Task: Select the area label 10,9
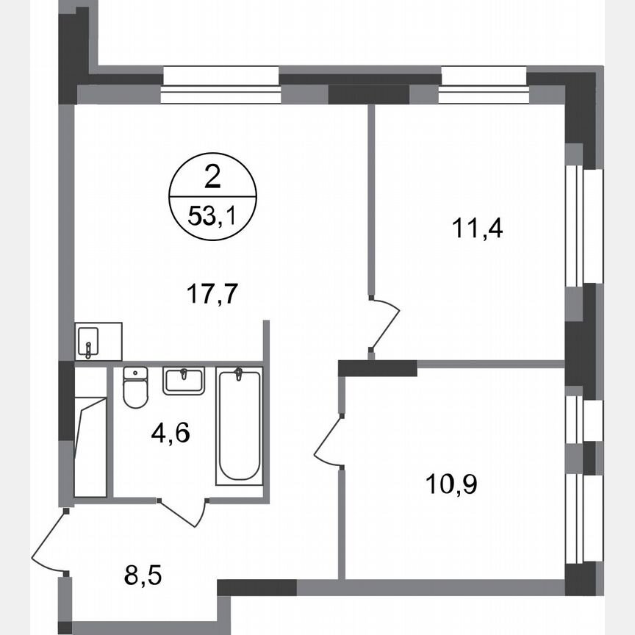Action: coord(451,484)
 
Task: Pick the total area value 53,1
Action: coord(213,218)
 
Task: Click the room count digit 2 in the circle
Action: coord(212,177)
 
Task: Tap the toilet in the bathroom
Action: coord(135,387)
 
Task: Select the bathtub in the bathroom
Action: coord(238,426)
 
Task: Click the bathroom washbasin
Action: coord(184,381)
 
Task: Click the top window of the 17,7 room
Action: coord(220,86)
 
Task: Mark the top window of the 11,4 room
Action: coord(484,86)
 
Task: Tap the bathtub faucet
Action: coord(238,376)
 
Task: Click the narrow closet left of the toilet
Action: coord(91,434)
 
